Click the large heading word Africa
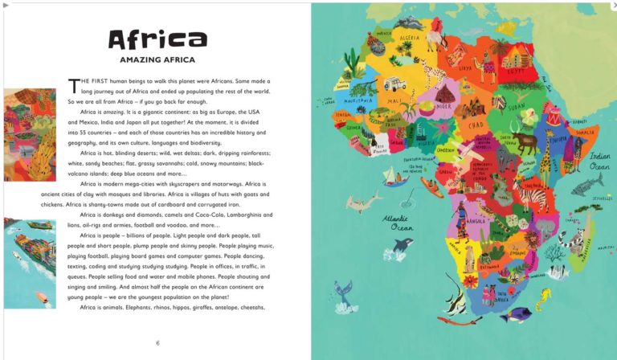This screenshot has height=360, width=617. pyautogui.click(x=157, y=40)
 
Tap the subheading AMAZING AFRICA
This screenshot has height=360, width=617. pyautogui.click(x=157, y=60)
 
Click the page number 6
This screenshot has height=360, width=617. pyautogui.click(x=157, y=343)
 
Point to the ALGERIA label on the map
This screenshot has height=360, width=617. pyautogui.click(x=411, y=38)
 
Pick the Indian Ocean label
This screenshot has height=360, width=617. pyautogui.click(x=600, y=161)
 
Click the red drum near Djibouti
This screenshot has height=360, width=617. pyautogui.click(x=552, y=121)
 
